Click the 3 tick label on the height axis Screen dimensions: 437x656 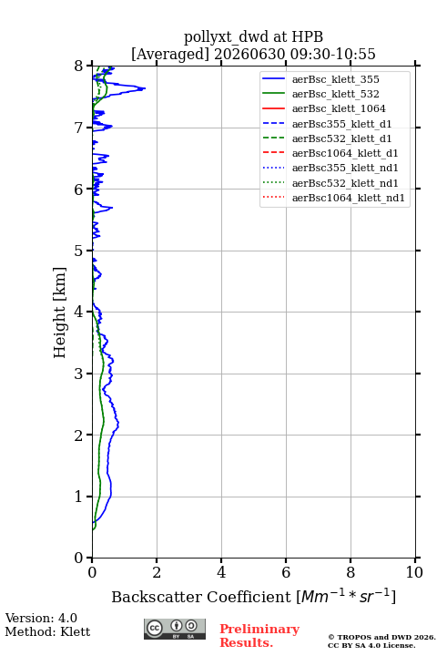[79, 374]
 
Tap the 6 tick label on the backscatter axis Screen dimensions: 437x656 [286, 572]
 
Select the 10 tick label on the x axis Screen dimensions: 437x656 [414, 572]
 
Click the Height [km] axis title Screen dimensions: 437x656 [59, 313]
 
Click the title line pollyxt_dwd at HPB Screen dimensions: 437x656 [253, 36]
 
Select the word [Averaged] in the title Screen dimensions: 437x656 [170, 54]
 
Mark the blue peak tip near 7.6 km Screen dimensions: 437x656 [145, 88]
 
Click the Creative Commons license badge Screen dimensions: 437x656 [175, 629]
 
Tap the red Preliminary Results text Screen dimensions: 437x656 [259, 636]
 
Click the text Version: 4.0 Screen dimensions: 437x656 [41, 618]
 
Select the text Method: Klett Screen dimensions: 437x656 [47, 631]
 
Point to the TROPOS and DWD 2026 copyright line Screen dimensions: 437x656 [381, 637]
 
